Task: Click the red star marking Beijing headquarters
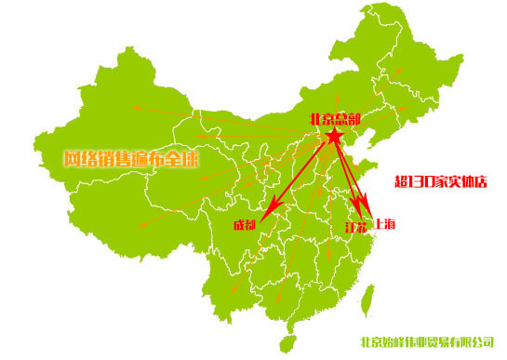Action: [x=334, y=138]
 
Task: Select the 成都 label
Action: [x=245, y=226]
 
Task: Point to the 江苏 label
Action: [x=355, y=227]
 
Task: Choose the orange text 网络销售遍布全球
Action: [x=131, y=158]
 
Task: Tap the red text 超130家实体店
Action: [x=441, y=181]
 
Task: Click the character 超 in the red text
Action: [x=401, y=181]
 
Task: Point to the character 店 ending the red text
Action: [x=481, y=181]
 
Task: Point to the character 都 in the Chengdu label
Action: [x=251, y=226]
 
